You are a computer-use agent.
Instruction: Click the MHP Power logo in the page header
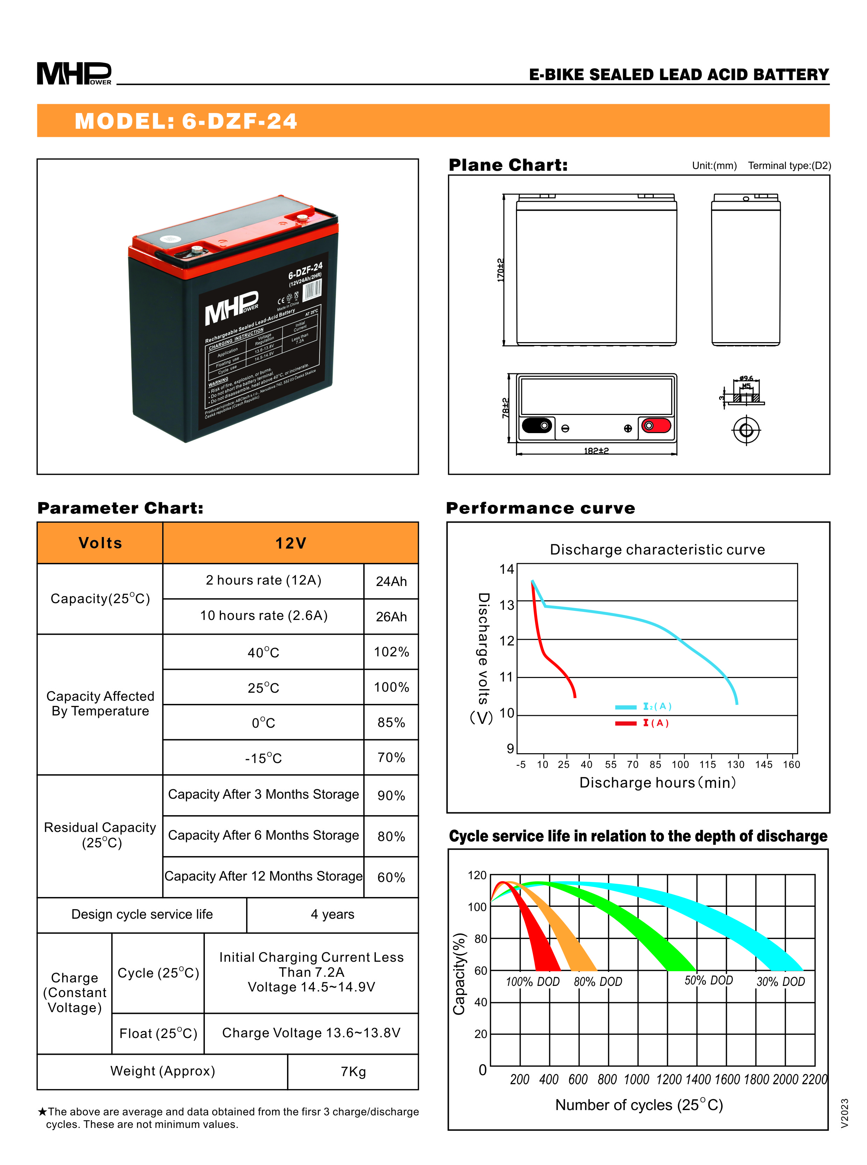(x=74, y=73)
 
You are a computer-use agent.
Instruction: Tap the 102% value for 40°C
(x=391, y=652)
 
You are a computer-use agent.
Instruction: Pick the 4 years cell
(x=332, y=915)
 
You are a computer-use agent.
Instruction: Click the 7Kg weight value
(x=353, y=1072)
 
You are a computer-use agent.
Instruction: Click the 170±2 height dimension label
(x=501, y=270)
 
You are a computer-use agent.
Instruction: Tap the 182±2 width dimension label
(x=596, y=451)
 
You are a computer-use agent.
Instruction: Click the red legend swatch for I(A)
(x=625, y=723)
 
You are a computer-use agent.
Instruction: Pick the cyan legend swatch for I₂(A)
(x=625, y=707)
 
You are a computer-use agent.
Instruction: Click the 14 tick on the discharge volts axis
(x=507, y=569)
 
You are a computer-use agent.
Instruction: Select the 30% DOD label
(x=780, y=982)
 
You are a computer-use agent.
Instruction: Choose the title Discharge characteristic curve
(x=657, y=550)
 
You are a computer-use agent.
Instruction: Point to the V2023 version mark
(x=844, y=1113)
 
